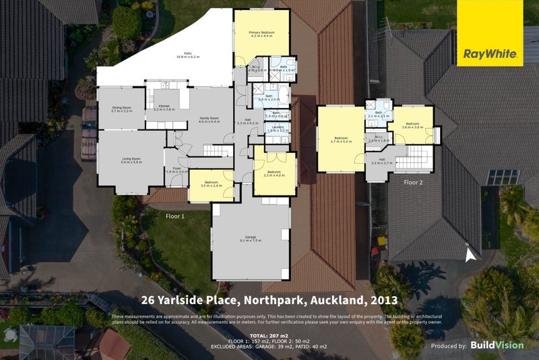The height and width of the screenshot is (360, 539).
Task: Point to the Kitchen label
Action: click(x=164, y=108)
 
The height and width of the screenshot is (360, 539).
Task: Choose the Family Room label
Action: click(x=210, y=120)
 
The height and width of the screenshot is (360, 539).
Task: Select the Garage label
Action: click(x=250, y=239)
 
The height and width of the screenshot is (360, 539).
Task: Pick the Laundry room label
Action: click(x=277, y=129)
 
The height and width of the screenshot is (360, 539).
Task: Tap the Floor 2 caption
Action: click(x=413, y=182)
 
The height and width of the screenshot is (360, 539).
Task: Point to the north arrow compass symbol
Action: click(x=470, y=252)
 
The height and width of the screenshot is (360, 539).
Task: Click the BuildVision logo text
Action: click(x=497, y=344)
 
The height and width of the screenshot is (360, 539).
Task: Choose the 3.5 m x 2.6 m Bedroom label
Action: click(x=210, y=183)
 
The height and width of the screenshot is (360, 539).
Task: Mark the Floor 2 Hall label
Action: click(x=382, y=161)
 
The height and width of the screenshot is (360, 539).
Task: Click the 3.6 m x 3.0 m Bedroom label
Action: click(x=412, y=125)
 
